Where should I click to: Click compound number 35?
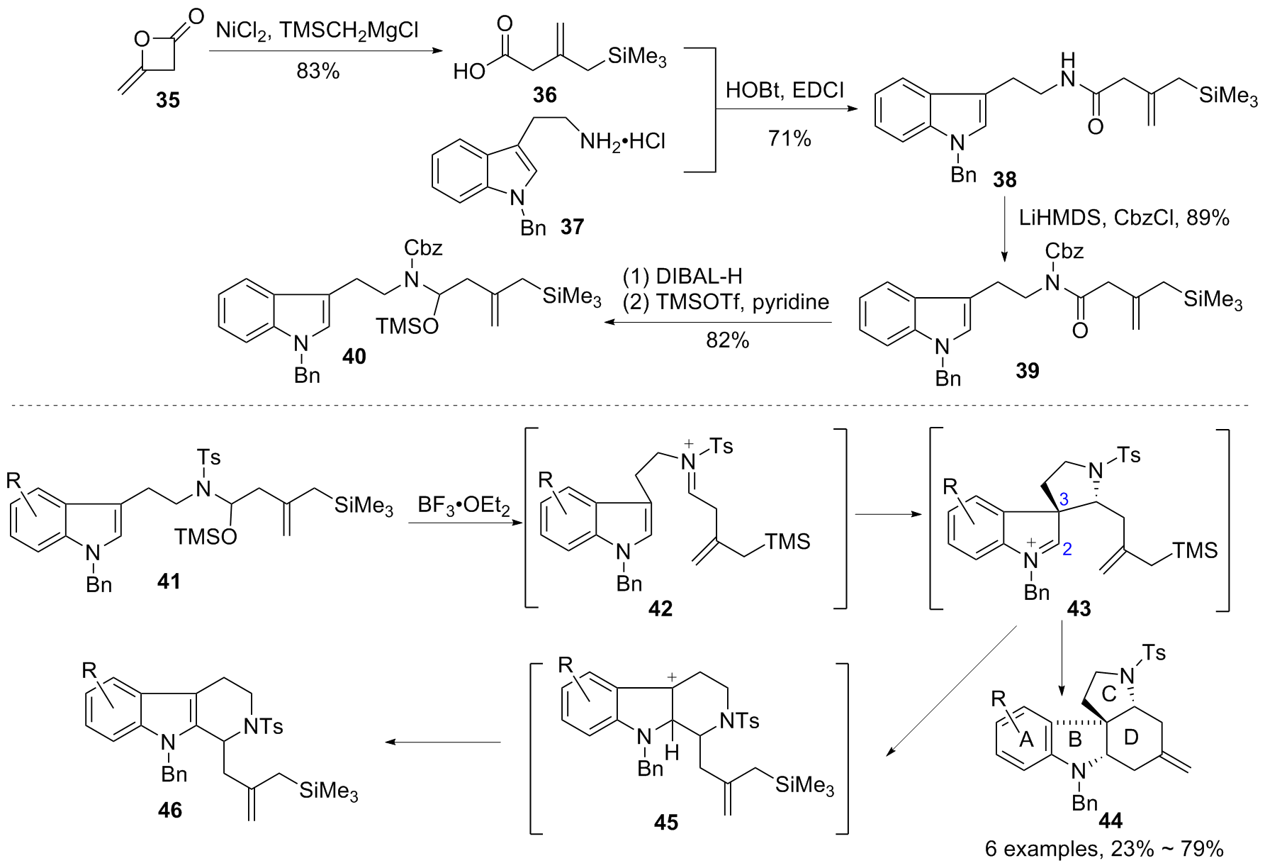tap(168, 100)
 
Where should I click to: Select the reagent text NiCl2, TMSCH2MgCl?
tap(317, 30)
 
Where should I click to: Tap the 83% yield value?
tap(318, 71)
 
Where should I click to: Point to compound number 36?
tap(544, 95)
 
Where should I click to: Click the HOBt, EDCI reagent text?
tap(785, 91)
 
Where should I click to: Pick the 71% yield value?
tap(789, 138)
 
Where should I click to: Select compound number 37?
tap(573, 227)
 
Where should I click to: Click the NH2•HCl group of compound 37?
tap(623, 141)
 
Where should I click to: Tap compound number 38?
tap(1005, 179)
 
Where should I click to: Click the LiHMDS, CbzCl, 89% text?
tap(1124, 217)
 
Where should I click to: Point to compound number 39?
tap(1027, 369)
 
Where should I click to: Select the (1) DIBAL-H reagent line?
tap(682, 276)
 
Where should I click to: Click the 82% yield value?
tap(727, 340)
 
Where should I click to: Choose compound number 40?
tap(354, 356)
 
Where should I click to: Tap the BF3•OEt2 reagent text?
tap(464, 506)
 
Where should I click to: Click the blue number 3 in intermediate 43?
tap(1063, 500)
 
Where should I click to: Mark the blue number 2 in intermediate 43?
tap(1068, 547)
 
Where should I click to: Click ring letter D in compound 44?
tap(1131, 738)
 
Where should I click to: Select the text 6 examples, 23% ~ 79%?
tap(1104, 849)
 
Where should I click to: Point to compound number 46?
tap(170, 809)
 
